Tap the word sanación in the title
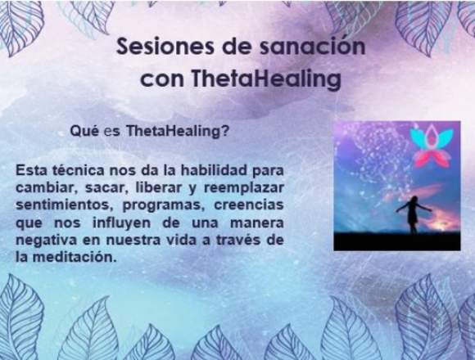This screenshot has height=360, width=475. [313, 47]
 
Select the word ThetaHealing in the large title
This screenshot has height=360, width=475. [266, 79]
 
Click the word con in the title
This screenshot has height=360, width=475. [162, 80]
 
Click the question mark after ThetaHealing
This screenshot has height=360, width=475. [224, 131]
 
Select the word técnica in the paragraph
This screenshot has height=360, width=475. [78, 170]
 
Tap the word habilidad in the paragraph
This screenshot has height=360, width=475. [214, 170]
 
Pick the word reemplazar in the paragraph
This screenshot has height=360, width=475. [244, 187]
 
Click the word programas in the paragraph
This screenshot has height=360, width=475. [162, 205]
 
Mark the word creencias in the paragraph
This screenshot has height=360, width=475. [249, 205]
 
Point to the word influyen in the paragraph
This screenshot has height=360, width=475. [121, 223]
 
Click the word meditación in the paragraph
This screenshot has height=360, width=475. [75, 257]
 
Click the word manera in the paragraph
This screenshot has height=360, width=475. [257, 223]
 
